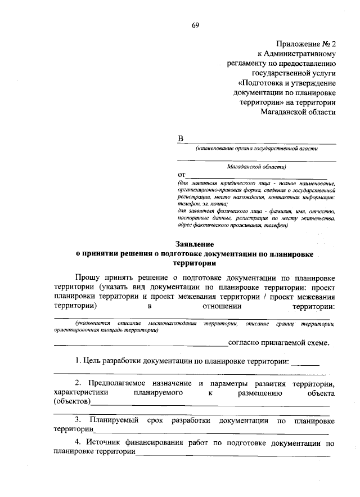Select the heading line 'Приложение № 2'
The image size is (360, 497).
point(307,44)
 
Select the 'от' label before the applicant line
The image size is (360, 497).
point(181,176)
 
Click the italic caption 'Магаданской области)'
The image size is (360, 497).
point(256,167)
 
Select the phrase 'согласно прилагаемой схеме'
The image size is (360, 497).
point(278,342)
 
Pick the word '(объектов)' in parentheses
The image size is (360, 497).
point(71,402)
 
